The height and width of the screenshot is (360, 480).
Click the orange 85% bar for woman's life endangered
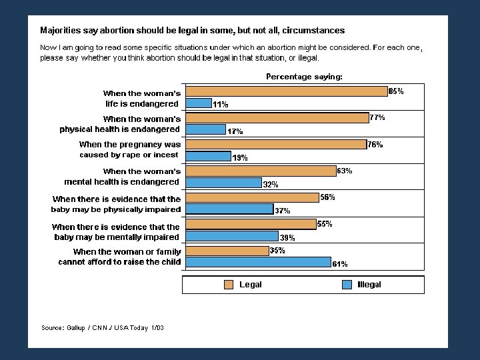[287, 91]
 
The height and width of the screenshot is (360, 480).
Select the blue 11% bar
[199, 103]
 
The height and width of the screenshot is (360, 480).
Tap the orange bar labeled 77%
[277, 118]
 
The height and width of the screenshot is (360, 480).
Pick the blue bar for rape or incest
[208, 156]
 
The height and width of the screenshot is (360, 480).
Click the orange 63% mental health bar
[261, 171]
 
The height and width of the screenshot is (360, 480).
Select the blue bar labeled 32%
[223, 183]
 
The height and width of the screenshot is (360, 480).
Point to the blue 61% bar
[258, 262]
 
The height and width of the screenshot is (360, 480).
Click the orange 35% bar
[227, 251]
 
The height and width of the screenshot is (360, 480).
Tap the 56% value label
[327, 197]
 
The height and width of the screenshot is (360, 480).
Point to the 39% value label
[287, 237]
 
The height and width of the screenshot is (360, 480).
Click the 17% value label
[235, 131]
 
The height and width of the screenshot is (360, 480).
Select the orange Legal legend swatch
[229, 285]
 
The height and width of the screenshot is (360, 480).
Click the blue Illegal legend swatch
[347, 285]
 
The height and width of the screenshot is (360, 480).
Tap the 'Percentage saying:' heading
[304, 77]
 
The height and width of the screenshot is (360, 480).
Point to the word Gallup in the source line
[75, 328]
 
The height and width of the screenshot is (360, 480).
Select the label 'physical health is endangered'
[120, 129]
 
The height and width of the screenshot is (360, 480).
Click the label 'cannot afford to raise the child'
[120, 262]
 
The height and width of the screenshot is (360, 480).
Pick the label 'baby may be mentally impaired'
[117, 237]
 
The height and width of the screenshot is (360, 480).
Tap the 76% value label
[375, 145]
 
